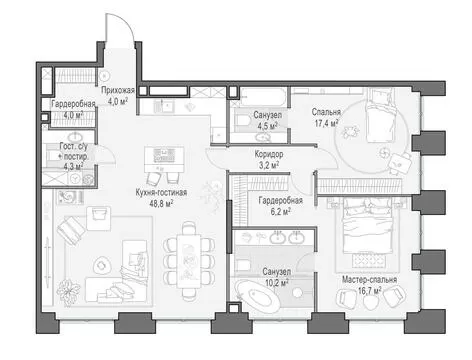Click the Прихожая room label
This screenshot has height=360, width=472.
[x=118, y=90]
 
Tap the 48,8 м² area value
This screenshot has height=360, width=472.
[x=161, y=203]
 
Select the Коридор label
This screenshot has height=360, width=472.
[x=269, y=154]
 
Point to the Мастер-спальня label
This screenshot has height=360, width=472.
[x=369, y=279]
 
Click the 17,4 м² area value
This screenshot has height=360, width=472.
[x=327, y=123]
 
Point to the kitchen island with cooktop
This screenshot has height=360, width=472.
[x=164, y=159]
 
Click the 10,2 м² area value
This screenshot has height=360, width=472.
[x=277, y=283]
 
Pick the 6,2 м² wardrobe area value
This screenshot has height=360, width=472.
[x=281, y=211]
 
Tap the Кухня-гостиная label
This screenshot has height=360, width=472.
[x=161, y=192]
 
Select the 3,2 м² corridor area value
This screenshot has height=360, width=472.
[x=269, y=165]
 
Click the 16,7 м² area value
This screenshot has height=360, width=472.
[x=370, y=291]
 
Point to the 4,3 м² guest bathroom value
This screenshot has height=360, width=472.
[x=73, y=166]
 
